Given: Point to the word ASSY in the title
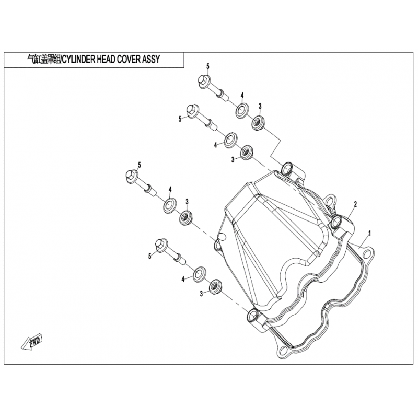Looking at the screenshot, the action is [151, 59].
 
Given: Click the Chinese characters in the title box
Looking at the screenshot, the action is [44, 59].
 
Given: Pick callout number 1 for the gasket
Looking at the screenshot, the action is [369, 234].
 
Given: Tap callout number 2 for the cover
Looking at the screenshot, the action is [355, 204].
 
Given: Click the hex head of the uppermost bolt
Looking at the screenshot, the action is [204, 80].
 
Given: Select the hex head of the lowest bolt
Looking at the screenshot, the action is [161, 245].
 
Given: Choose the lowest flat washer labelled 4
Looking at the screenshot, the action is [199, 273].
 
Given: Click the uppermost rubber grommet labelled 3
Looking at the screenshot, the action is [259, 123].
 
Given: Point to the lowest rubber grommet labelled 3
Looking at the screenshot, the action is [216, 286].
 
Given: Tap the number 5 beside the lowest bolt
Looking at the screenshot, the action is [150, 256].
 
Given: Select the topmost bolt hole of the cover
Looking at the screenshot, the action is [287, 168].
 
